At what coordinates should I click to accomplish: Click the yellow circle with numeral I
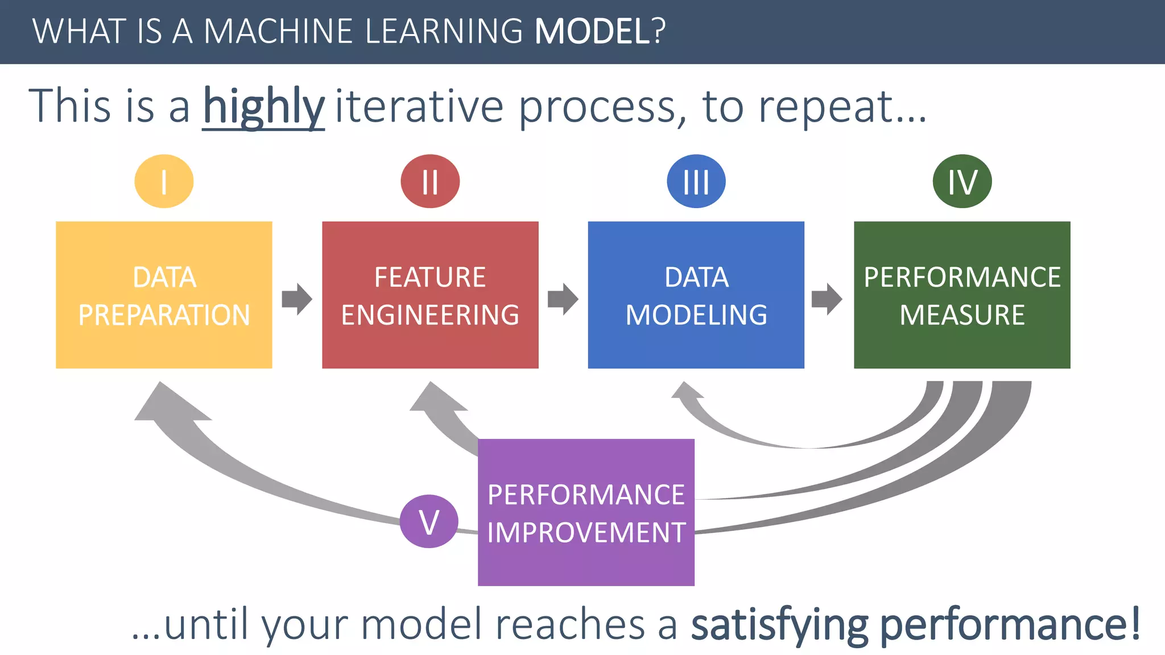tap(164, 181)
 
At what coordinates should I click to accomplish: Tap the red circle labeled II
tap(430, 181)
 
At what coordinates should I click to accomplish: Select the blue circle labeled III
tap(696, 181)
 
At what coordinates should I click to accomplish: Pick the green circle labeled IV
tap(962, 181)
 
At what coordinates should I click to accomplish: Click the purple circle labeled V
tap(429, 521)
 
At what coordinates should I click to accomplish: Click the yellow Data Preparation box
tap(164, 295)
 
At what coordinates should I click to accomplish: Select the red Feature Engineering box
tap(430, 295)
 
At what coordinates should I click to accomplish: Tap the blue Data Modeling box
tap(696, 295)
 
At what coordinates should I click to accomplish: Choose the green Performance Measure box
tap(962, 295)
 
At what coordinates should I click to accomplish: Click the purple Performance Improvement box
tap(586, 512)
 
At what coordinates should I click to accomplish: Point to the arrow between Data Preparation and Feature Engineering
tap(297, 299)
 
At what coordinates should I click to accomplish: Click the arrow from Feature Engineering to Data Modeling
tap(563, 299)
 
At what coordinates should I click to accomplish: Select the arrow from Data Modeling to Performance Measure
tap(827, 299)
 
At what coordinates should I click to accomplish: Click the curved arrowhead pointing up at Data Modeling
tap(687, 391)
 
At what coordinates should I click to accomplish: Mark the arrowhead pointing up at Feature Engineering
tap(437, 398)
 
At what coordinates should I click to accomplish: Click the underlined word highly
tap(263, 106)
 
